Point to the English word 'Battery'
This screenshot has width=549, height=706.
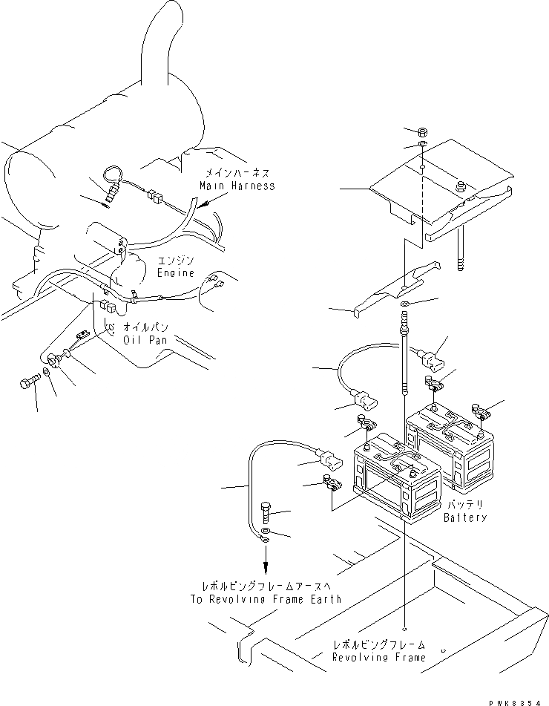(x=465, y=517)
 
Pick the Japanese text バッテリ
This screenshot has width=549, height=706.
(x=465, y=505)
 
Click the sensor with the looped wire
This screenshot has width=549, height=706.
(x=111, y=192)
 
